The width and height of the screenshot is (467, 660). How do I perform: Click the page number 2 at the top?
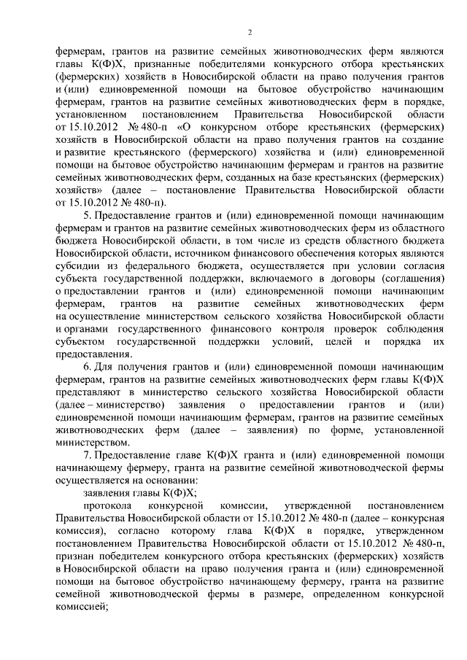(x=250, y=32)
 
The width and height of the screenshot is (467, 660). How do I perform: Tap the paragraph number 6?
(x=88, y=364)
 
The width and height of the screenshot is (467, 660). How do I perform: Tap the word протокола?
(x=107, y=505)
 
